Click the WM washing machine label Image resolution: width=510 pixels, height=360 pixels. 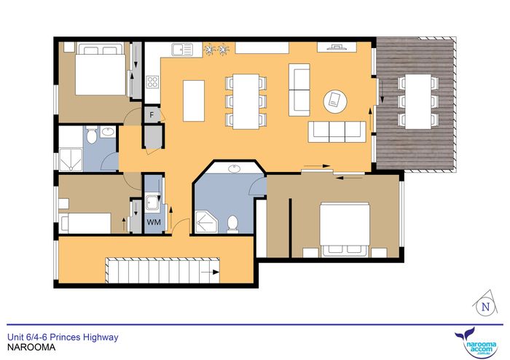154,222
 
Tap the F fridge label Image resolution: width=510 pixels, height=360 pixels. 152,115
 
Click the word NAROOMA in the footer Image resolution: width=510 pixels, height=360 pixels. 31,348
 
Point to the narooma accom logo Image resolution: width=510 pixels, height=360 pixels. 477,344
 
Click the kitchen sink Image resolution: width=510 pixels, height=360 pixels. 182,49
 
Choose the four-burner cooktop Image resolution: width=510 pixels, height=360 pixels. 152,82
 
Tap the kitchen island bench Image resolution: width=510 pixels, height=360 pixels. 194,101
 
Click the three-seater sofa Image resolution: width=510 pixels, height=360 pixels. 337,132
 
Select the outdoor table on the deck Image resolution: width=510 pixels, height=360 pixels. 418,101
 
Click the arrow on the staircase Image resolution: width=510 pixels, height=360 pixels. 210,273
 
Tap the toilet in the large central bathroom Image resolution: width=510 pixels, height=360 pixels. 232,224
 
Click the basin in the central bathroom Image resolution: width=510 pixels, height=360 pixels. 234,169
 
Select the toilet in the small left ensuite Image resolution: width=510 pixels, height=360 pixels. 92,135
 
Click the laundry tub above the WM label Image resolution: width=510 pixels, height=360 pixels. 152,203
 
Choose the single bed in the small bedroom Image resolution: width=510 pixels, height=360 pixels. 85,223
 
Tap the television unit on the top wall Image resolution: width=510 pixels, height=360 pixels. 337,47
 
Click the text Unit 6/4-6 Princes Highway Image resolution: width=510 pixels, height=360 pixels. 63,337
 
